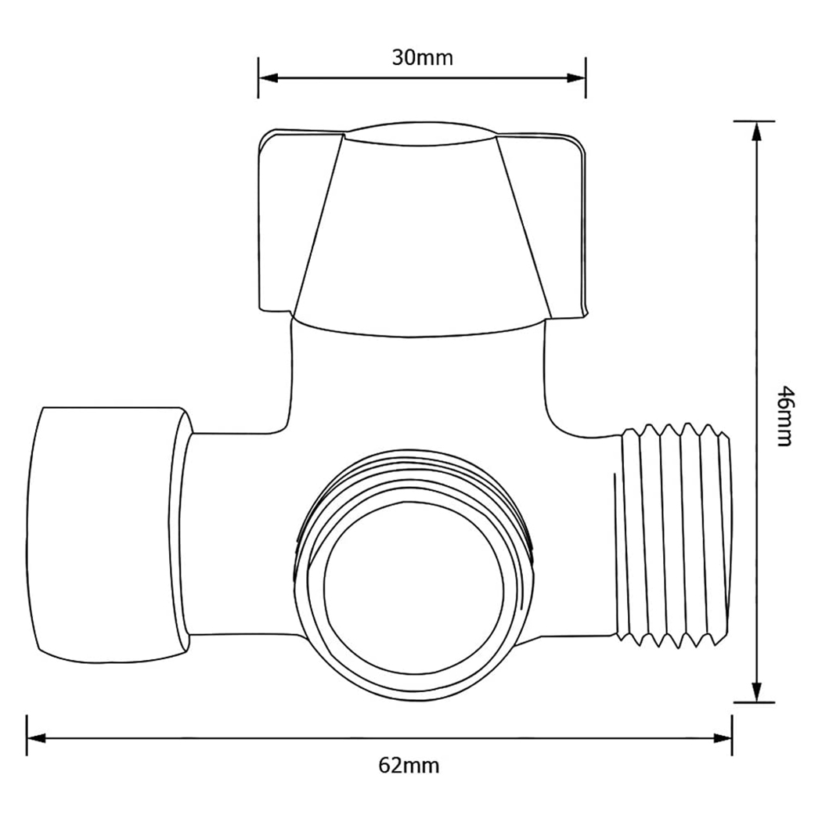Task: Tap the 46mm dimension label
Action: click(784, 415)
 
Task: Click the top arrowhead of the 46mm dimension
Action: click(755, 132)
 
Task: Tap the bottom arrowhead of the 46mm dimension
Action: click(755, 692)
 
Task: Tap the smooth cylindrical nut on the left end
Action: click(106, 531)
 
